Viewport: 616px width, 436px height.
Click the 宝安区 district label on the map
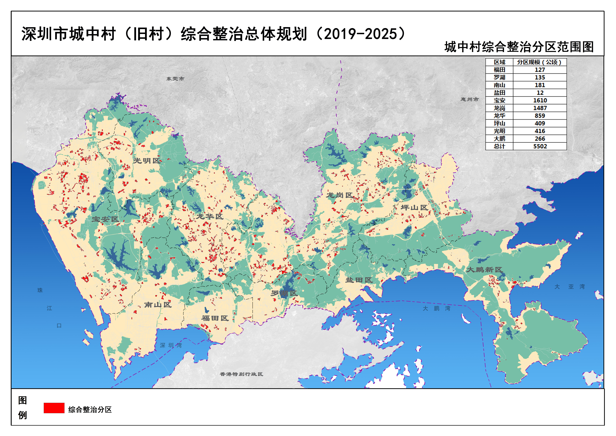105,219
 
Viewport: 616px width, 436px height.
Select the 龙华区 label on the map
210,216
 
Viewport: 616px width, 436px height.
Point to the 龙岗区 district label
340,195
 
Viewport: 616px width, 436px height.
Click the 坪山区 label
414,208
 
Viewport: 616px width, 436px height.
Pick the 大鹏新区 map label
484,270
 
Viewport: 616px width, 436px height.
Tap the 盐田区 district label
359,280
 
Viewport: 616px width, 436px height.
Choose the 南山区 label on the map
158,305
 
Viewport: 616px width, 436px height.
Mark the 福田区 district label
215,318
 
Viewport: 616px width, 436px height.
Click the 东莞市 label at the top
175,79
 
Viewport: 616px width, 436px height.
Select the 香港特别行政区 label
241,374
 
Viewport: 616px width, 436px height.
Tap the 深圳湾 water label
171,345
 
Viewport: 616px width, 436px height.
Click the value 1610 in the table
540,100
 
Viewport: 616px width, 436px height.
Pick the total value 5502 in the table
540,146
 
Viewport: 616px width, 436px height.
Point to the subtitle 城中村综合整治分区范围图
519,47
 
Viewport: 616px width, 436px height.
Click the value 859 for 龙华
540,116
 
